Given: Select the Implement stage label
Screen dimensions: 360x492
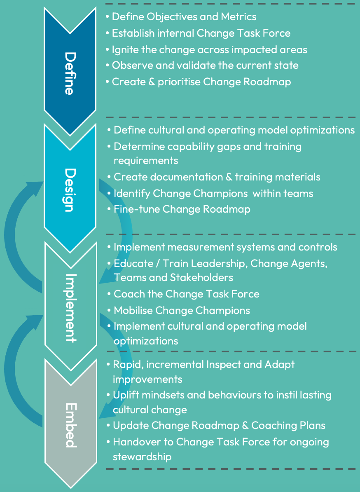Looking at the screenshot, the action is (70, 307).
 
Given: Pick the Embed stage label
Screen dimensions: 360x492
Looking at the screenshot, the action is (70, 425).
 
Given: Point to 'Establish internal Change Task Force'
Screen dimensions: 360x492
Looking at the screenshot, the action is (201, 33).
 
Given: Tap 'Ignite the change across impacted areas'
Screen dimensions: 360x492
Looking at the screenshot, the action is (209, 49).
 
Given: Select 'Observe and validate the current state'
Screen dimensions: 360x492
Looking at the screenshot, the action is (205, 65).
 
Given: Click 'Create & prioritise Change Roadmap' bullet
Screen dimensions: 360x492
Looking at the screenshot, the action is (201, 82).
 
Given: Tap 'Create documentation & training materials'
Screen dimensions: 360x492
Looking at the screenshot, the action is (217, 177).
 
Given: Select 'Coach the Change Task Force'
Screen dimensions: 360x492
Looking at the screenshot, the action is (186, 294).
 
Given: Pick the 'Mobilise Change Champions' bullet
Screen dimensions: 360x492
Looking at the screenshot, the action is (182, 310).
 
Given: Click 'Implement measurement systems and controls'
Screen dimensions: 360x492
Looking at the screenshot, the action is (225, 247).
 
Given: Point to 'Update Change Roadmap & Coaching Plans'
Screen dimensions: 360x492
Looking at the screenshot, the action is (219, 425).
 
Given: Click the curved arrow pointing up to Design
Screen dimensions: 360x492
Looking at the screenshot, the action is (16, 231).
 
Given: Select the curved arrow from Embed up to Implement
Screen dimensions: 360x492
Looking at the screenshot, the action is (16, 363).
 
